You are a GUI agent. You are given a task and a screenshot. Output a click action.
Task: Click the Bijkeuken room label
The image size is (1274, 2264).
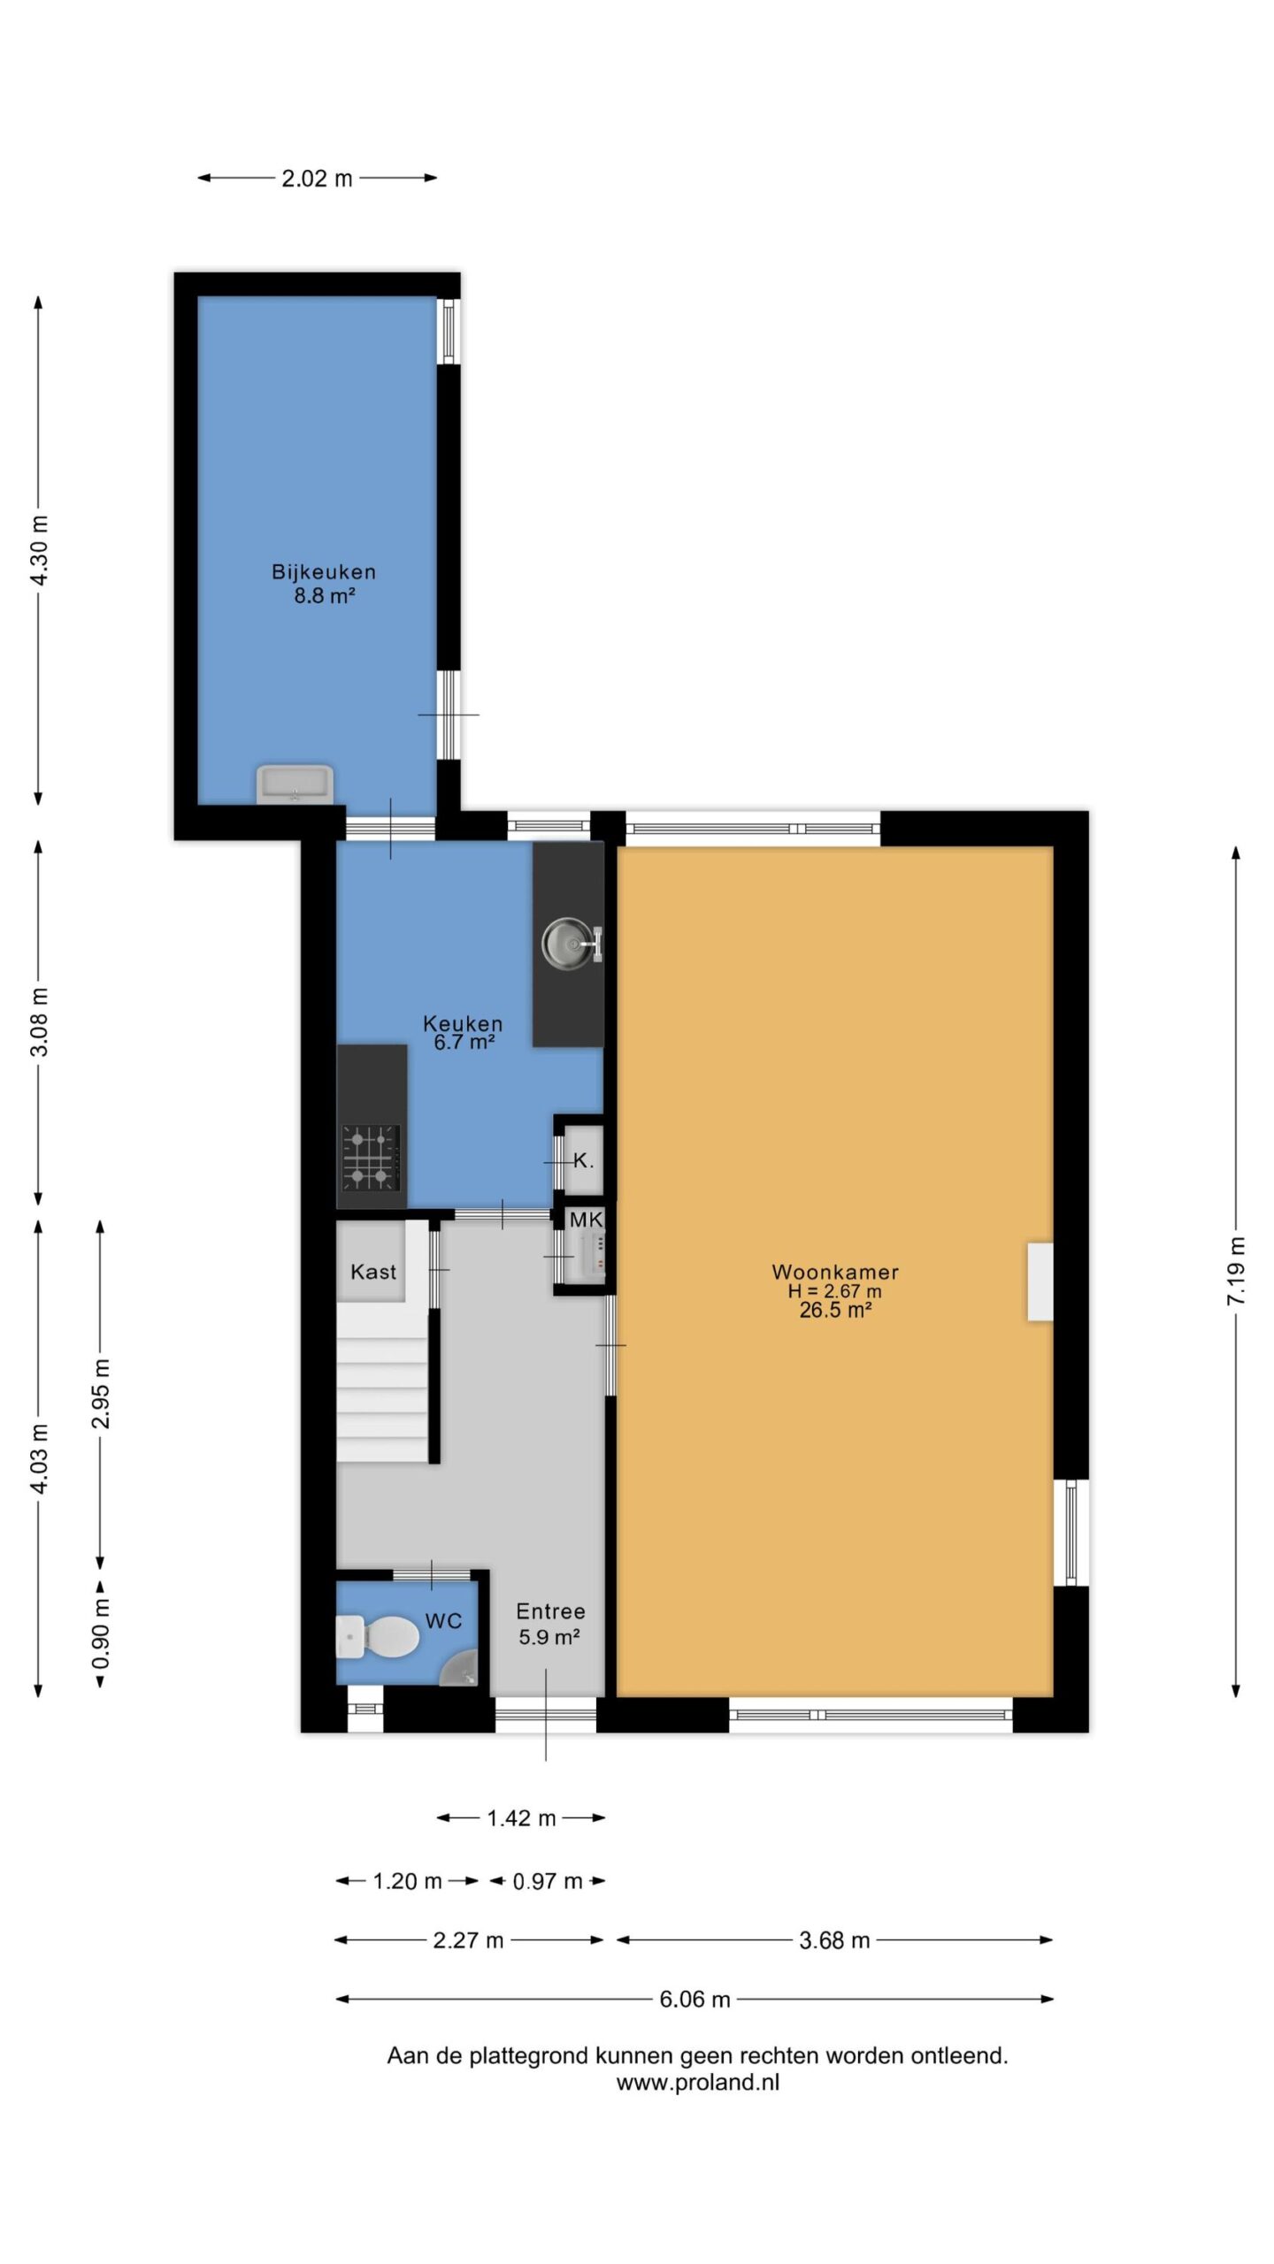(324, 571)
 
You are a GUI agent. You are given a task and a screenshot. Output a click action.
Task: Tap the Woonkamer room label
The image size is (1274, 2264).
(835, 1272)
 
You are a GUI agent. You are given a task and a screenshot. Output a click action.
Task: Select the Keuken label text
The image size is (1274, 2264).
(463, 1023)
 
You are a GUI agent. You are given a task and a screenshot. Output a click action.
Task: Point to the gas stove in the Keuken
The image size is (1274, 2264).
(372, 1158)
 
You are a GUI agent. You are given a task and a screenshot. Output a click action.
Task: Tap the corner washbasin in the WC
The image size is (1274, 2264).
(459, 1668)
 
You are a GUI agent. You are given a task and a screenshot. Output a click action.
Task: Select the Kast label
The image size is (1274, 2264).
(373, 1272)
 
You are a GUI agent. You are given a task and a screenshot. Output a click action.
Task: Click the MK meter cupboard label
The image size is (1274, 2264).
(586, 1220)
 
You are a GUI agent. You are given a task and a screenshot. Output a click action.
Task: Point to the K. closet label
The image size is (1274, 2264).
(583, 1160)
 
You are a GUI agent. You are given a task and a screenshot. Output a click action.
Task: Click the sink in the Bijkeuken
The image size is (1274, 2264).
(295, 784)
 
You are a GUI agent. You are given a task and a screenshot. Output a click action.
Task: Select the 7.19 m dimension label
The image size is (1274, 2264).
(1236, 1271)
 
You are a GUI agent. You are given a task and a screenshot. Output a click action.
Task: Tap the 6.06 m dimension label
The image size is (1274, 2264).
(695, 1999)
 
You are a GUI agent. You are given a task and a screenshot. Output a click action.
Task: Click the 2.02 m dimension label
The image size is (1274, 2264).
(318, 179)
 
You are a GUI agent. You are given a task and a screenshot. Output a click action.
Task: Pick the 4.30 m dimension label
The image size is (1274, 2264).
(39, 549)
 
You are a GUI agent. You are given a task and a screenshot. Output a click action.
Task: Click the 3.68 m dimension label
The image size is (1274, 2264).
(834, 1940)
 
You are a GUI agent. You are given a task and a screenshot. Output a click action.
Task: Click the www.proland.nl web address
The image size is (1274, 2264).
(698, 2082)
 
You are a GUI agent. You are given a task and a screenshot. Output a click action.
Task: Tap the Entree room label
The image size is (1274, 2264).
(550, 1611)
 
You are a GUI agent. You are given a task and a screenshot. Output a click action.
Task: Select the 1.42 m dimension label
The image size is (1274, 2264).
(521, 1818)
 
